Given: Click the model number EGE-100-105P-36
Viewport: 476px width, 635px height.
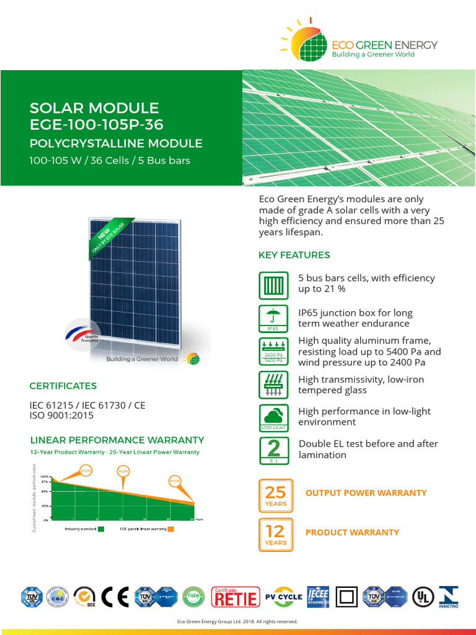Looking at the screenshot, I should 96,125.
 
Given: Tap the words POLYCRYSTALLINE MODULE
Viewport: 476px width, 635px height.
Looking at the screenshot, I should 116,144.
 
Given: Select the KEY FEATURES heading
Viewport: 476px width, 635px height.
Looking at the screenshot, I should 294,255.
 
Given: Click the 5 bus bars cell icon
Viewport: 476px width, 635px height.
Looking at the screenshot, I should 273,286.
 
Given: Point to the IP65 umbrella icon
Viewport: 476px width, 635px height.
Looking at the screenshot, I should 273,317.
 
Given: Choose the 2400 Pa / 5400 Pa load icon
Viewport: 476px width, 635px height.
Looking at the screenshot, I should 273,351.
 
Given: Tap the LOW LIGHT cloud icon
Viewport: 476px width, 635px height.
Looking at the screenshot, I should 273,417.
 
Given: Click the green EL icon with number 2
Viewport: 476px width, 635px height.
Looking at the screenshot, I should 273,451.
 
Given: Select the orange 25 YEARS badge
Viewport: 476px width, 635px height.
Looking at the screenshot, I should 276,495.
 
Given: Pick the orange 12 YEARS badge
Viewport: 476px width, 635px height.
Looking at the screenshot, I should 276,535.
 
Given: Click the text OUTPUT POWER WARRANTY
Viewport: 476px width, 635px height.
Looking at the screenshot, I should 366,493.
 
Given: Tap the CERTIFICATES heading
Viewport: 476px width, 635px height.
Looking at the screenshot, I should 63,386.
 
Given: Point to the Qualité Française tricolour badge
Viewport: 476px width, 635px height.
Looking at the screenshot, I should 82,335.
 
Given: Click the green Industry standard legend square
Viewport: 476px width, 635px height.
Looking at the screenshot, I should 100,529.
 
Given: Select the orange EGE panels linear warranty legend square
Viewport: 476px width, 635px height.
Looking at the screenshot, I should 170,529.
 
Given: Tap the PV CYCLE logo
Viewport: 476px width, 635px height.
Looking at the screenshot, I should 283,597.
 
